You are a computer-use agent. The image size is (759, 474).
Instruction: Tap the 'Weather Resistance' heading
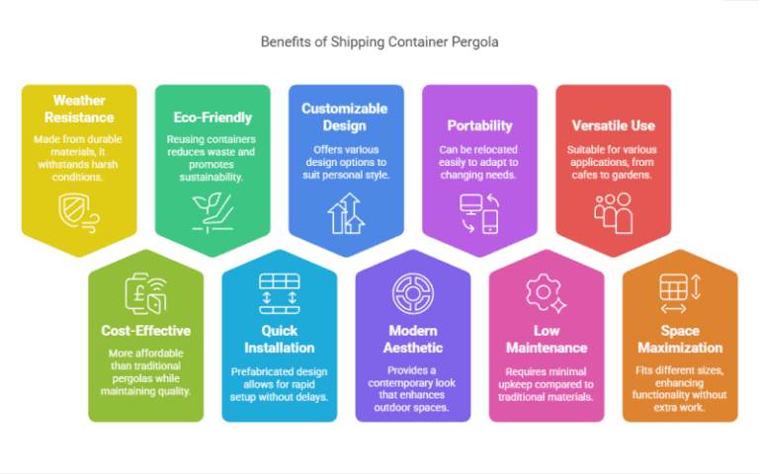pos(79,109)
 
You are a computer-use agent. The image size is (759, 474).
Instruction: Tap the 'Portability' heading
pos(479,125)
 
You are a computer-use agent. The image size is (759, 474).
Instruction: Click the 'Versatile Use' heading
pos(613,125)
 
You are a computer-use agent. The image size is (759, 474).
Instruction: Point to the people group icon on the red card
pos(613,211)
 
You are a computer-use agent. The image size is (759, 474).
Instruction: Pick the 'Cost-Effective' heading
pos(145,331)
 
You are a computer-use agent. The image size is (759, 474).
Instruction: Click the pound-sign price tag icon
pos(145,292)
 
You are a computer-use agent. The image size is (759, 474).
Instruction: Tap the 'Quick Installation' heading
pos(280,339)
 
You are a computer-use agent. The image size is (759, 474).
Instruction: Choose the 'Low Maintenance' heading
pos(547,339)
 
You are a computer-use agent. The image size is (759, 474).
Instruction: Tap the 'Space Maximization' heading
pos(680,339)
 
